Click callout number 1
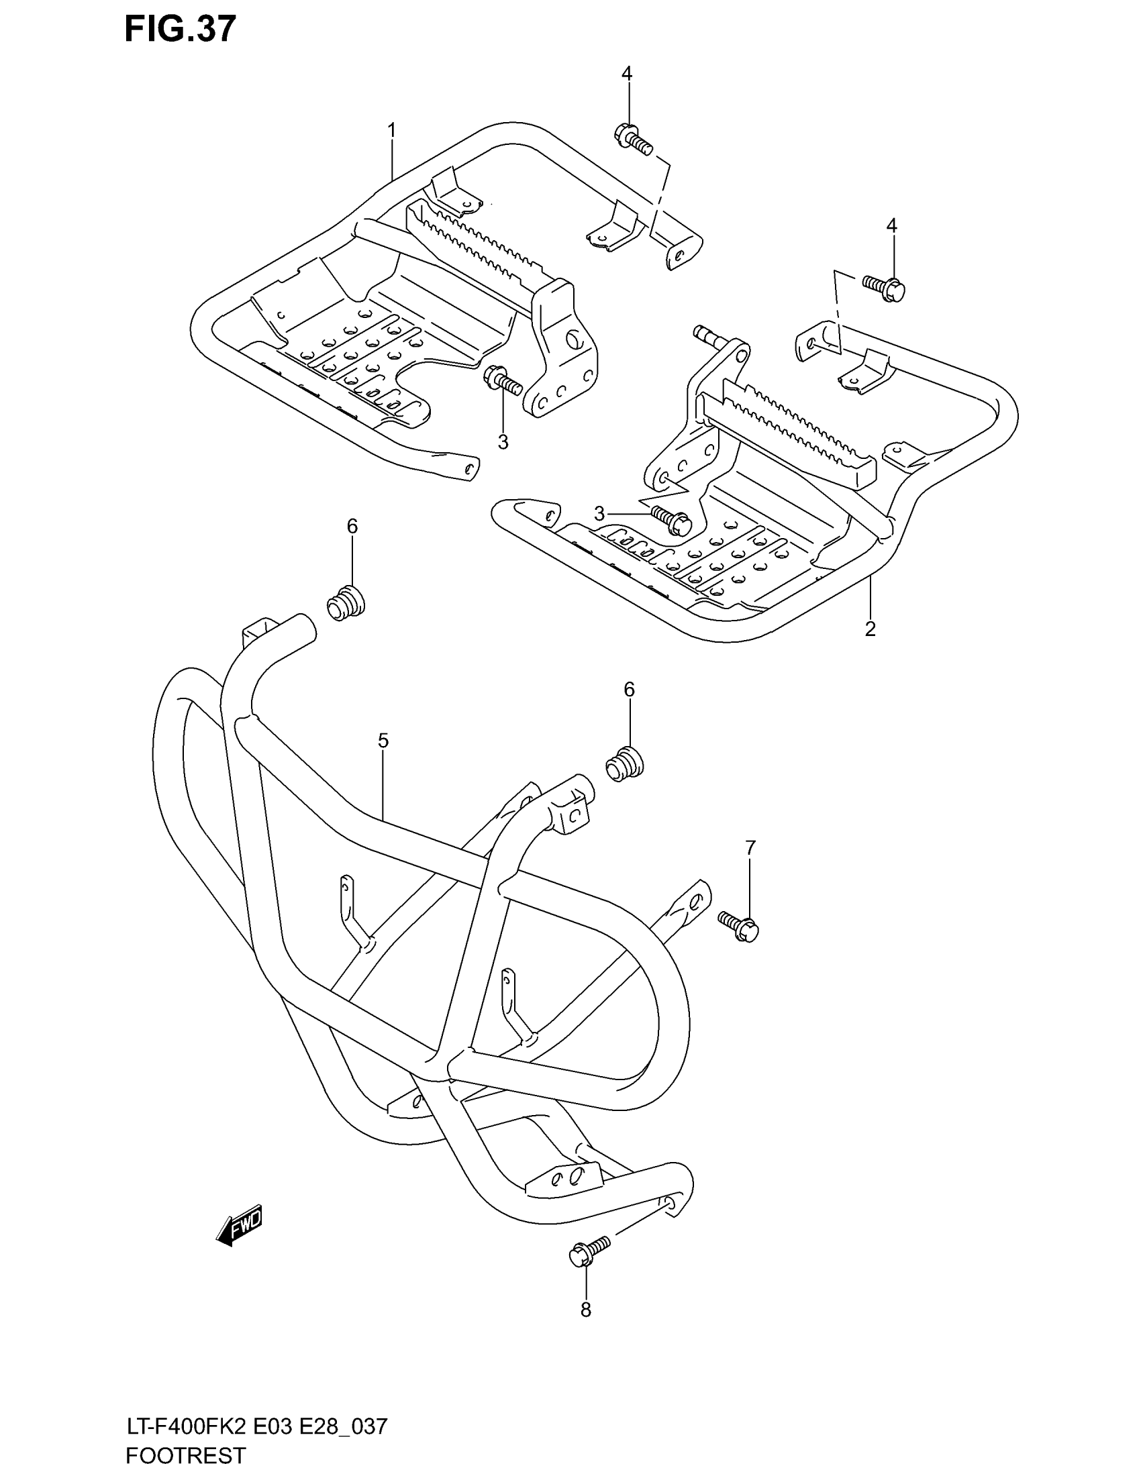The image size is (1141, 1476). pyautogui.click(x=391, y=129)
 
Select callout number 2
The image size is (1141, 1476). pyautogui.click(x=870, y=629)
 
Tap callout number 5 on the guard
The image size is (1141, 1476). pyautogui.click(x=383, y=741)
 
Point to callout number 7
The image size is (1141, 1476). pyautogui.click(x=750, y=847)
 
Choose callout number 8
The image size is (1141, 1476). pyautogui.click(x=585, y=1310)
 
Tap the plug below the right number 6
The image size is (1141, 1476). pyautogui.click(x=624, y=764)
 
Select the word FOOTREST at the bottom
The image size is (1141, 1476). pyautogui.click(x=186, y=1456)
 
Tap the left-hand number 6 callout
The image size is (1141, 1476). pyautogui.click(x=352, y=526)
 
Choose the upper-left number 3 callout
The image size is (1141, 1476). pyautogui.click(x=503, y=442)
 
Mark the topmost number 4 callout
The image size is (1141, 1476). pyautogui.click(x=627, y=73)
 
